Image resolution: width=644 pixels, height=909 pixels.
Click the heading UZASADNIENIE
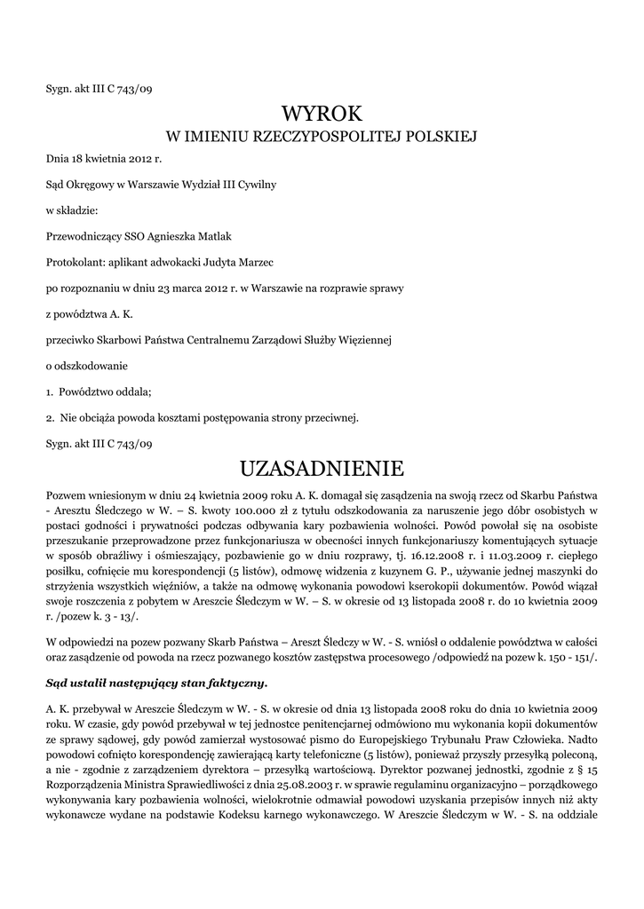(x=322, y=467)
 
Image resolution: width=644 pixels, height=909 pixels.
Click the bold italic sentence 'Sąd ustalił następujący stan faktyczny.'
(x=156, y=684)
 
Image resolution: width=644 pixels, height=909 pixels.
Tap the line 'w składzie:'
(x=72, y=210)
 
